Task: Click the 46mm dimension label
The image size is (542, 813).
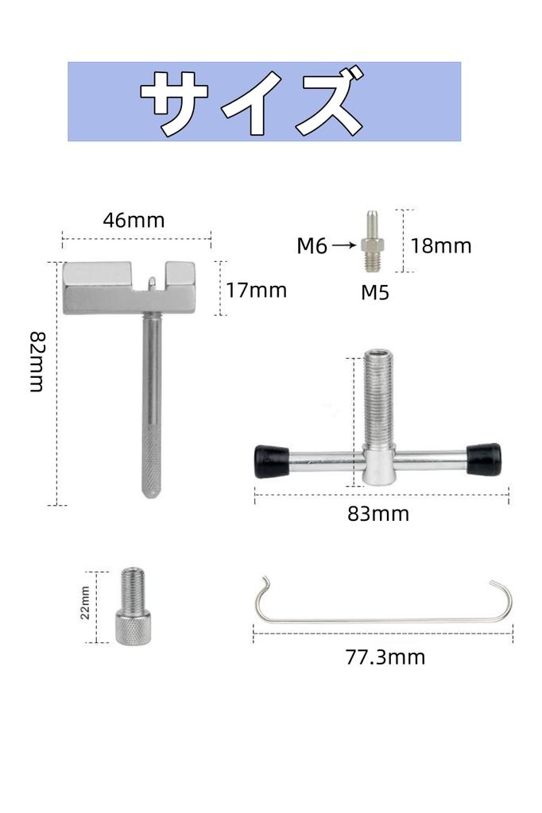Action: [134, 221]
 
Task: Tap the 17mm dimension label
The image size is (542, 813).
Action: [257, 291]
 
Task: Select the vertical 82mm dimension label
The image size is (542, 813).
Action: [37, 362]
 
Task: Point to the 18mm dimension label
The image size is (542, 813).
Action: [441, 246]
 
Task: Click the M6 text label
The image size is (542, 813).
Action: [312, 246]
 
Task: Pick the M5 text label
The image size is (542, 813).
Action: [375, 293]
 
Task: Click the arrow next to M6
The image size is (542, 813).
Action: [343, 245]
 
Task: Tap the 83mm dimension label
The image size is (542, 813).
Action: [378, 514]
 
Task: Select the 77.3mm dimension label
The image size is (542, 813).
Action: [385, 657]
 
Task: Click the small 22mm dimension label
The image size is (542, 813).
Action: [85, 603]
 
